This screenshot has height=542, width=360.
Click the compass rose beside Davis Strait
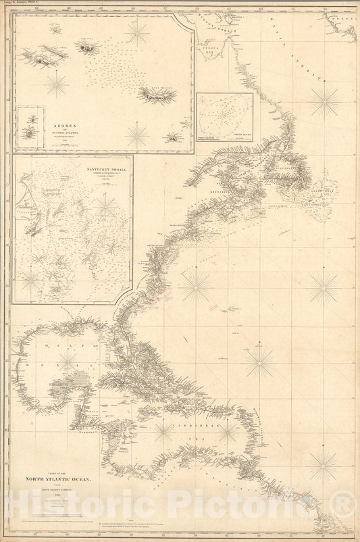326,101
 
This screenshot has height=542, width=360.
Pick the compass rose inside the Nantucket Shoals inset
106,205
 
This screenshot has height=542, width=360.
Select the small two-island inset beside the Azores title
31,126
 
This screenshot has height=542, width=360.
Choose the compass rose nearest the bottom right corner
323,466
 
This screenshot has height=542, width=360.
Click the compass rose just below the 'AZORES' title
137,135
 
